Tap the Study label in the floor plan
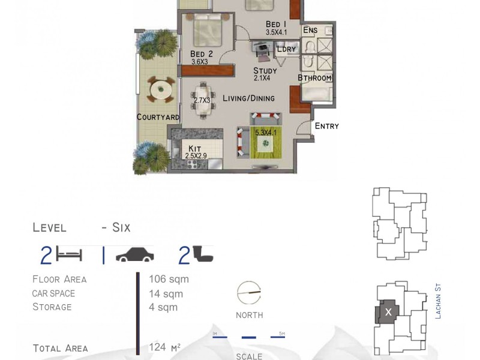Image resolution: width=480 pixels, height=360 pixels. coord(265,71)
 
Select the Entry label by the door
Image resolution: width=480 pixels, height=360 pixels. coord(327,126)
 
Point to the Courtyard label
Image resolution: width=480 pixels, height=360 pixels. coord(158,117)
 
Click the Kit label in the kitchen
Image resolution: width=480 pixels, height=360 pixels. coord(194,148)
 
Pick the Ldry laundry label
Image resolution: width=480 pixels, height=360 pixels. coord(286,49)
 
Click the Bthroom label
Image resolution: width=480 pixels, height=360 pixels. coord(314,78)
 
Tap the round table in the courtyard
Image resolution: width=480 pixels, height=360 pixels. coord(160,91)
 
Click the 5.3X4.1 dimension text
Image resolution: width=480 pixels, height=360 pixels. coord(266,133)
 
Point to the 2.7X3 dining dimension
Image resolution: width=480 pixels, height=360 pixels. coord(202,100)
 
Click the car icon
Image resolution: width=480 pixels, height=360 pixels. coord(134,256)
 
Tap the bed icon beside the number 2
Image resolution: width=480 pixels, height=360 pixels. coord(68,255)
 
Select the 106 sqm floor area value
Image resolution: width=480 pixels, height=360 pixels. coord(169,279)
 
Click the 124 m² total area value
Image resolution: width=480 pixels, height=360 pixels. coord(165,347)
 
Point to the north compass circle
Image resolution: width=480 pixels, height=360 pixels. coord(249,293)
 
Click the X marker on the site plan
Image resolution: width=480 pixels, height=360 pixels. coord(388,312)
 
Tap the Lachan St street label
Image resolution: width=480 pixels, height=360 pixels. coord(438,302)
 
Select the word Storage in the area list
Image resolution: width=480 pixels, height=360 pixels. coord(52,307)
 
